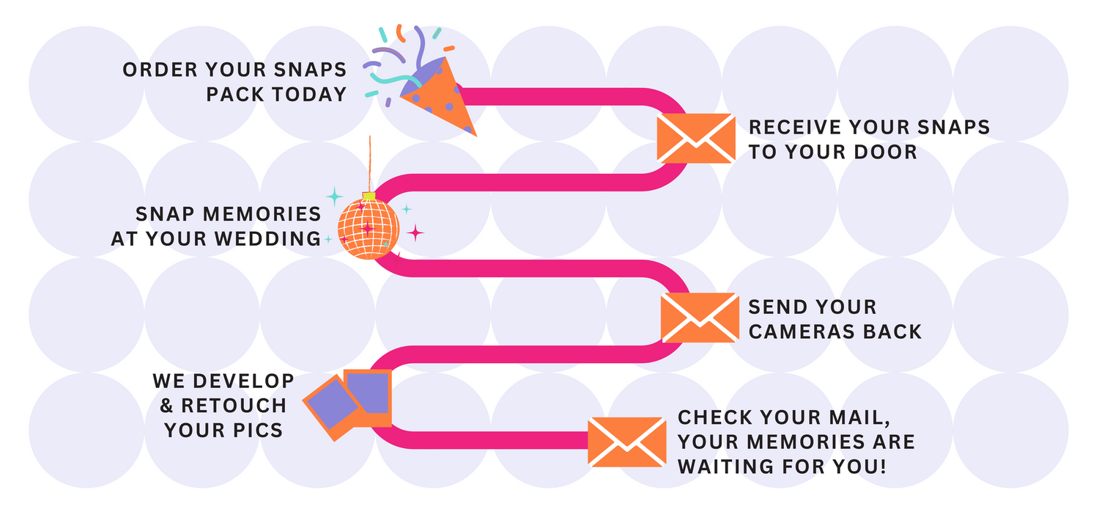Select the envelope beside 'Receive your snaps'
(x=695, y=138)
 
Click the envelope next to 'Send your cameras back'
(x=700, y=318)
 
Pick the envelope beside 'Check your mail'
(x=628, y=442)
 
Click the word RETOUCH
(x=234, y=406)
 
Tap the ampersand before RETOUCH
(x=166, y=406)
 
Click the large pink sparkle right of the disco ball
(x=415, y=233)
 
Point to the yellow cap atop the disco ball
(x=369, y=196)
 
